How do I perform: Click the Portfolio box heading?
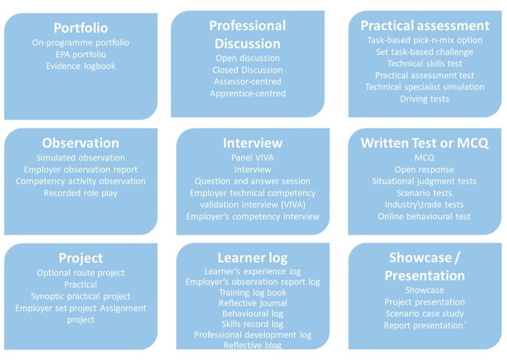80,28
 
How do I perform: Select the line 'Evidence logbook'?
80,66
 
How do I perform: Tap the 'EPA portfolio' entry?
80,55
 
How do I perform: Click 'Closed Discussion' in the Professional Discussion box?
247,70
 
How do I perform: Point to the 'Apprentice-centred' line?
247,94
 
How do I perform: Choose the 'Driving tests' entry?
425,99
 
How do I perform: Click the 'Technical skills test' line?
425,63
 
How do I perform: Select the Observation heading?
80,143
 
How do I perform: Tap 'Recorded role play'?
80,193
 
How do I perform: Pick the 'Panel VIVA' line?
253,158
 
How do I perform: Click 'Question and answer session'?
253,181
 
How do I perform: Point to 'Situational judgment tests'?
424,181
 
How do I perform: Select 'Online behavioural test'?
424,216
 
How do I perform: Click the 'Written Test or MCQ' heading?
424,143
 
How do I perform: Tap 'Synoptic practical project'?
80,296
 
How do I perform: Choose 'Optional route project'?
80,273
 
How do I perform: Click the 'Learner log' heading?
253,258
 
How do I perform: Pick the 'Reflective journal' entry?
253,303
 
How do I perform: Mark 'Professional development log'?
253,335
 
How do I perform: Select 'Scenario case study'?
425,314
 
